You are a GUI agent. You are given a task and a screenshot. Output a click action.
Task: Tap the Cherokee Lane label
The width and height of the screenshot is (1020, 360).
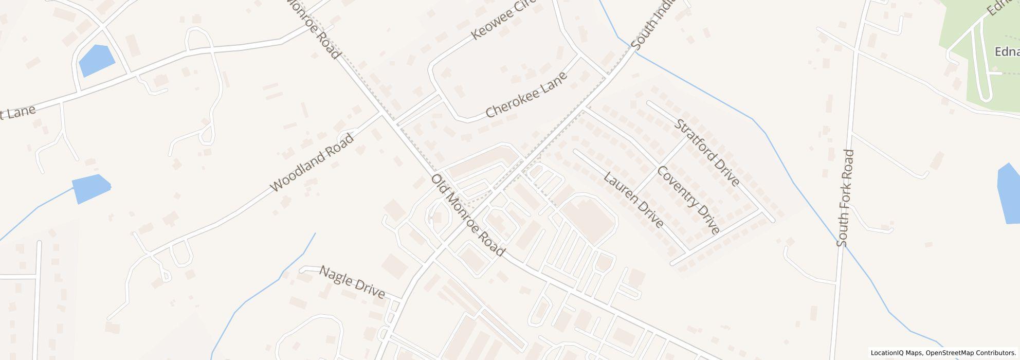(x=526, y=95)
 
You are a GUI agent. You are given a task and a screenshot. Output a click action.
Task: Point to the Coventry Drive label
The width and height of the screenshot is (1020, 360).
(x=688, y=200)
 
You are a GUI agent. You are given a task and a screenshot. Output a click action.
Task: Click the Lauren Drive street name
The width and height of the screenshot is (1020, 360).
(x=633, y=200)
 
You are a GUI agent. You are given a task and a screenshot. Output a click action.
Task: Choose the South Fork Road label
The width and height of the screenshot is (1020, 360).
(x=845, y=198)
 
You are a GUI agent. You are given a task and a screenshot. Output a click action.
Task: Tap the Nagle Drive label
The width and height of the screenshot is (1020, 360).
(x=352, y=282)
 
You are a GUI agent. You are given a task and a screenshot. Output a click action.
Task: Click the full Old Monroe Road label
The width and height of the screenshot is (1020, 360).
(x=467, y=215)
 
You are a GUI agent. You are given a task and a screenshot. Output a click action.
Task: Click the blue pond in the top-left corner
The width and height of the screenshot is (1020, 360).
(x=96, y=60)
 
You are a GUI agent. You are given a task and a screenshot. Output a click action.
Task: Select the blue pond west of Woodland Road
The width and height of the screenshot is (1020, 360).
(x=90, y=188)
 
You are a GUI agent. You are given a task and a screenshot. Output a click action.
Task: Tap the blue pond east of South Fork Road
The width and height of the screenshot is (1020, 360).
(x=1008, y=194)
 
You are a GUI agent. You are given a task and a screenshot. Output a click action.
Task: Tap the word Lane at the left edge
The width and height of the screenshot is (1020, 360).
(x=21, y=112)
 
